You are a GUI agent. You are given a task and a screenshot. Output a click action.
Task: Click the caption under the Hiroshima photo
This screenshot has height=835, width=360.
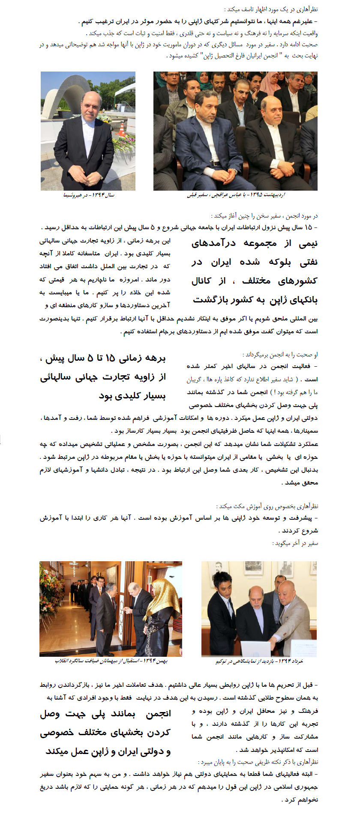89,195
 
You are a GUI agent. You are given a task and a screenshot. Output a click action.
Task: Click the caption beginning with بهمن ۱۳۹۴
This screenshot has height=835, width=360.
111,661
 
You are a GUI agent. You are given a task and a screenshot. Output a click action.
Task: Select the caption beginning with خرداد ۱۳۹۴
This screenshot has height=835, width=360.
259,661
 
